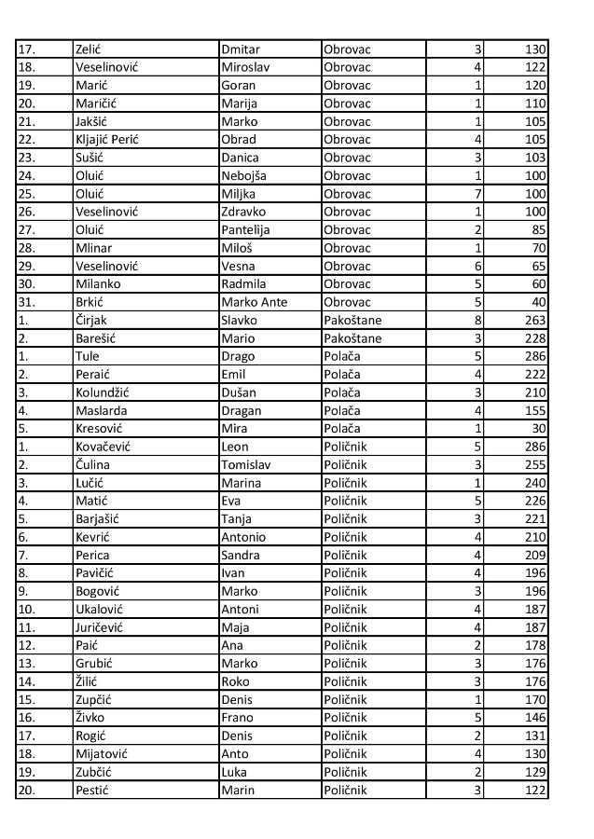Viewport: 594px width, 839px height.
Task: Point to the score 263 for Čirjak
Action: (x=535, y=320)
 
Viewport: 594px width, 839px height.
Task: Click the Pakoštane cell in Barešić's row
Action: (x=352, y=338)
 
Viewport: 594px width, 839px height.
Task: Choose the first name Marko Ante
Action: (x=255, y=302)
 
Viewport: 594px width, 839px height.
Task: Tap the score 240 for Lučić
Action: (x=535, y=483)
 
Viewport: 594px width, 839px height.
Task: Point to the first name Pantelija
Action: (x=247, y=229)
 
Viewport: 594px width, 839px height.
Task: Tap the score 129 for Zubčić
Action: (x=535, y=773)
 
